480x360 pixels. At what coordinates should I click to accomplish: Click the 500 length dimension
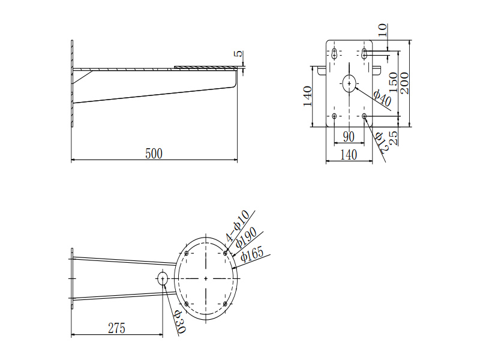click(154, 154)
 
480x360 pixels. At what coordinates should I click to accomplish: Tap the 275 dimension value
click(116, 328)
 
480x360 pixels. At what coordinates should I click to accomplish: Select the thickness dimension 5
click(238, 53)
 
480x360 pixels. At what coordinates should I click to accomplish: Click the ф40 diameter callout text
click(382, 98)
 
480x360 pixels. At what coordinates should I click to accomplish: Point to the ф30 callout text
click(180, 322)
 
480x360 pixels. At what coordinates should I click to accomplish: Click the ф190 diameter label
click(246, 238)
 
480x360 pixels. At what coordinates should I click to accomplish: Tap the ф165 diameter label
click(252, 254)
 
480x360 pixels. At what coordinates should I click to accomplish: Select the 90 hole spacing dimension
click(349, 137)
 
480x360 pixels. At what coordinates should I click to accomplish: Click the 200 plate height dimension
click(404, 83)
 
